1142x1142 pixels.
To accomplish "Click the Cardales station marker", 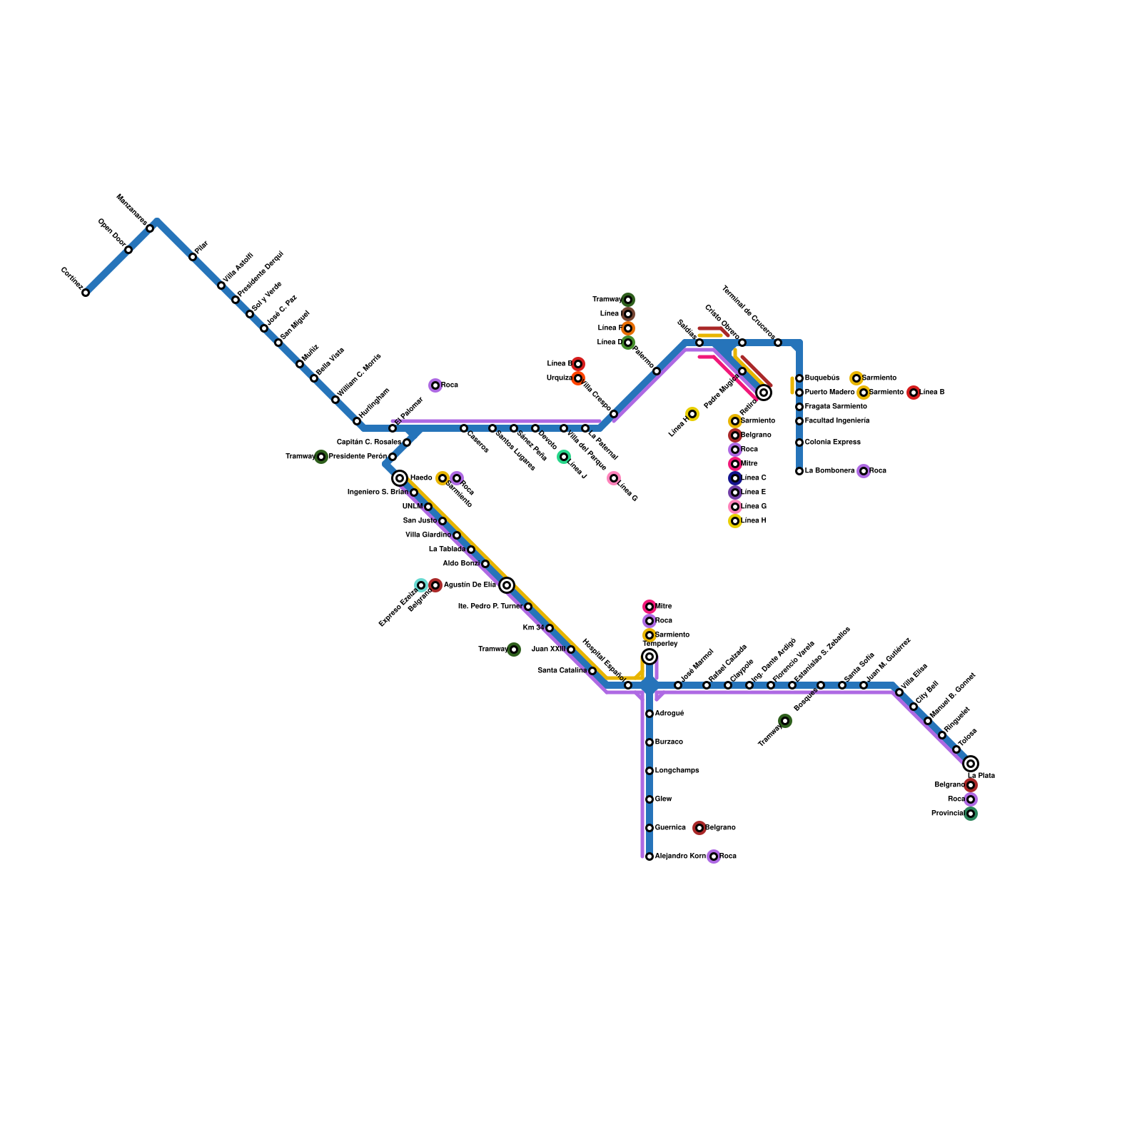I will tap(86, 293).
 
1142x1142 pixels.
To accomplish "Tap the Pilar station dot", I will tap(193, 257).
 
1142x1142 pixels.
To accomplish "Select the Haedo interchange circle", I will tap(400, 478).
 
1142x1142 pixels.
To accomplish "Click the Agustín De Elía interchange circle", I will tap(507, 585).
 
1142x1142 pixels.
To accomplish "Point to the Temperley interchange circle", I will tap(650, 657).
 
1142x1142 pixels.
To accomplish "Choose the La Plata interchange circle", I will tap(971, 764).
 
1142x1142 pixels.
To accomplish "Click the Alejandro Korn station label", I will tap(679, 856).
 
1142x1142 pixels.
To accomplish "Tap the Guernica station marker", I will tap(650, 828).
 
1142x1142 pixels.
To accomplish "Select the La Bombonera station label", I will tap(829, 471).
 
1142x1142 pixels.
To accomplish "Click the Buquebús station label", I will tap(822, 378).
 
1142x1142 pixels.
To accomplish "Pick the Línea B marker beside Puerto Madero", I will tap(914, 393).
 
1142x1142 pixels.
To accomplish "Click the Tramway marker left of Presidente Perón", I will tap(321, 457).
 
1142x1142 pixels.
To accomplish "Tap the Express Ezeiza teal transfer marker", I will tap(421, 585).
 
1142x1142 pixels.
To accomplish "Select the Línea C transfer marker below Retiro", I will tap(735, 478).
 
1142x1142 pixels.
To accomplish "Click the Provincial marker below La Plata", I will tap(971, 814).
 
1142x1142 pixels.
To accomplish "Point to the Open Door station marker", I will tap(128, 250).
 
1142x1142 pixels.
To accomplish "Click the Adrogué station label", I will tap(669, 714).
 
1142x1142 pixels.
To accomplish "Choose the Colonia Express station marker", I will tap(799, 443).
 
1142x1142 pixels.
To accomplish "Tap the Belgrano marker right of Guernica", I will tap(699, 828).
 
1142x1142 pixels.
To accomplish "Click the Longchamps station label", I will tap(677, 771).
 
